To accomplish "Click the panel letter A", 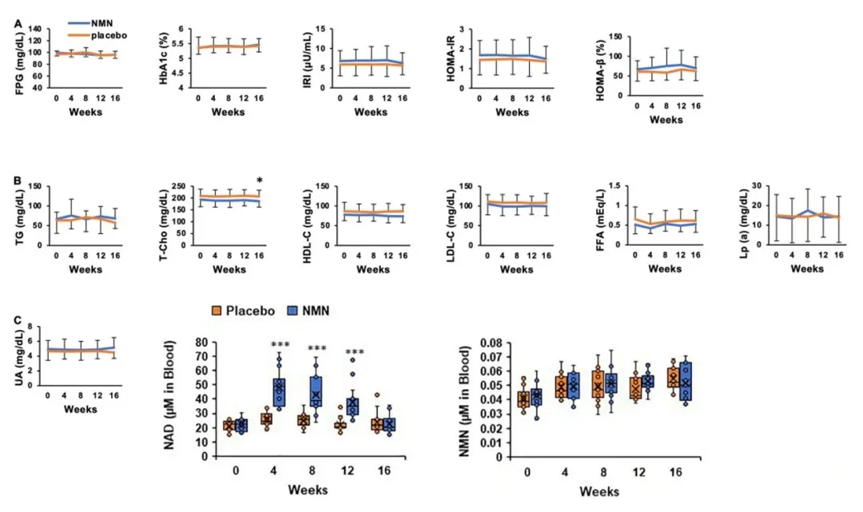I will [18, 24].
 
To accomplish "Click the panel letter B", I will [18, 179].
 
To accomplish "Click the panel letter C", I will [18, 320].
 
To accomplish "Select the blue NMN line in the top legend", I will [77, 25].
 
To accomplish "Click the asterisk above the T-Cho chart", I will [259, 180].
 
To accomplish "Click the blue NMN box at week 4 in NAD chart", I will [279, 391].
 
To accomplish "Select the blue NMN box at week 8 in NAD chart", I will [317, 391].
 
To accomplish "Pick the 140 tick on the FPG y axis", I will [35, 29].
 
